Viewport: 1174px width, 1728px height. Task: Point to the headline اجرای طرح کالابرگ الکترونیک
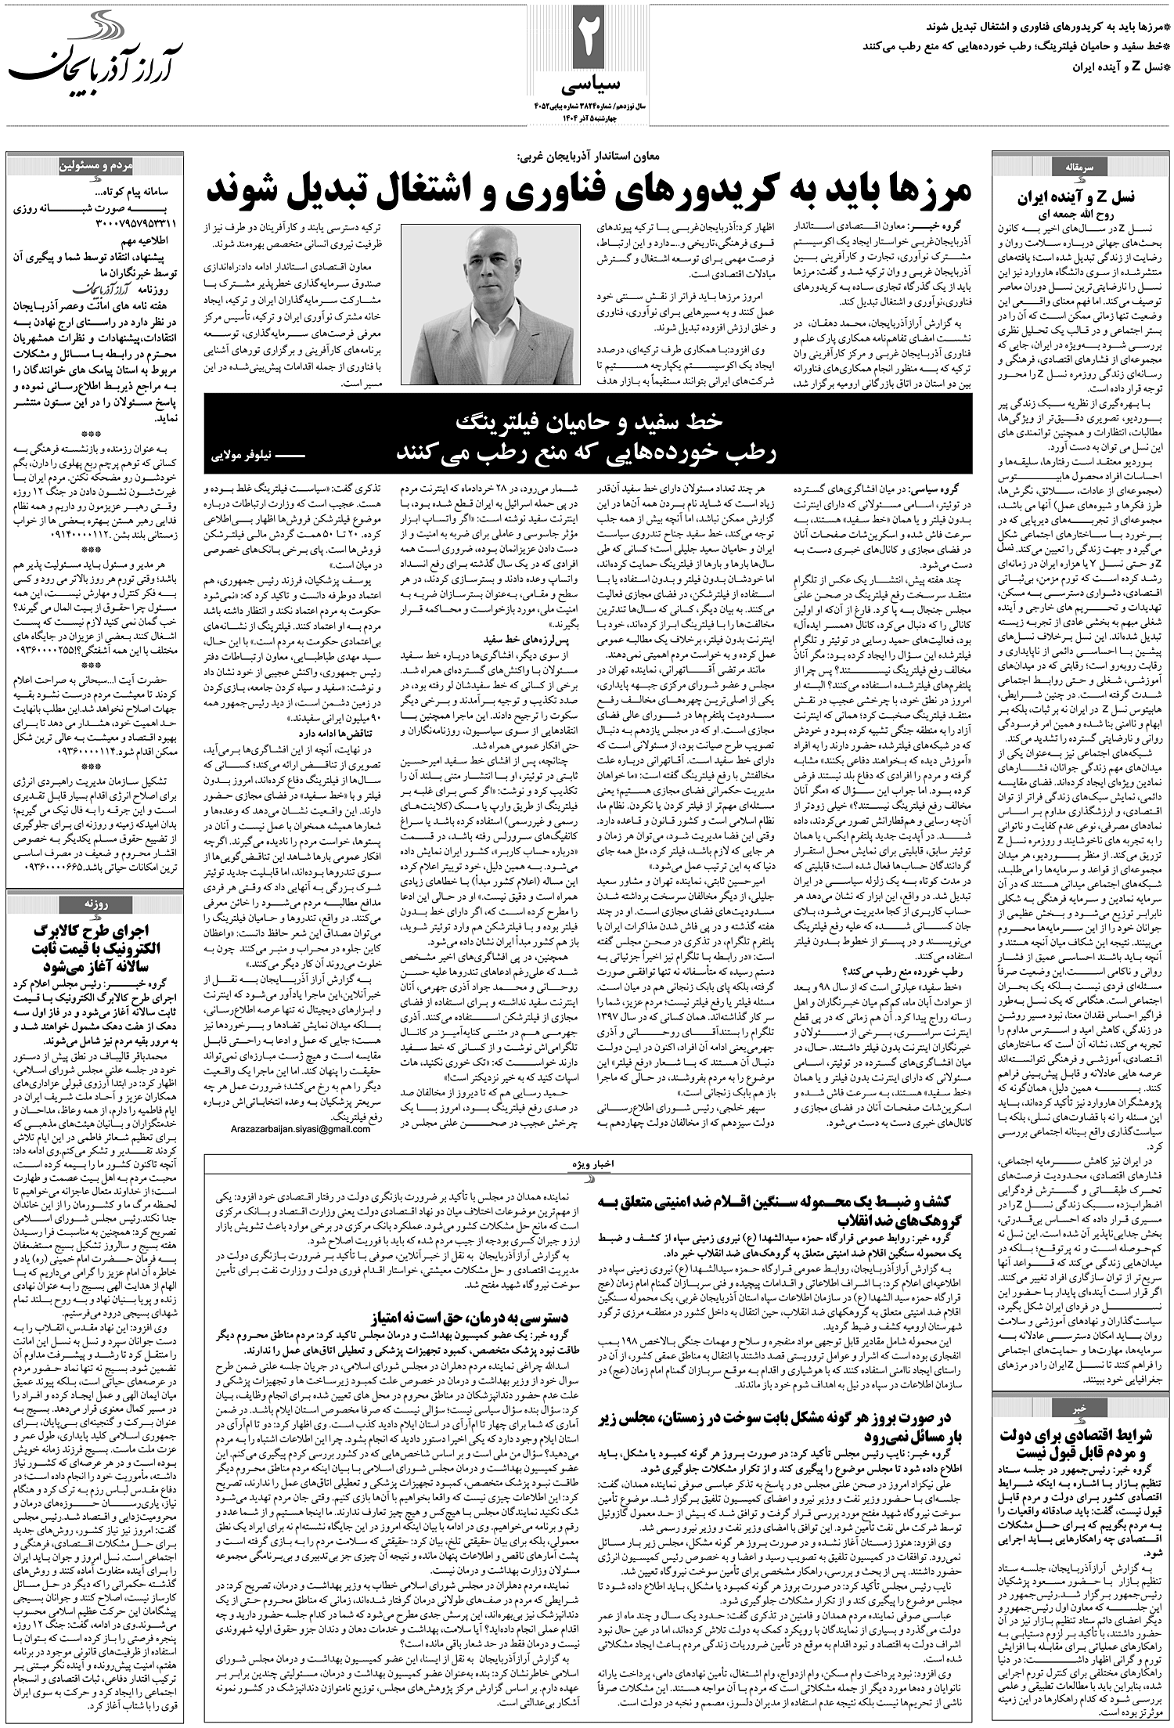coord(93,947)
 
